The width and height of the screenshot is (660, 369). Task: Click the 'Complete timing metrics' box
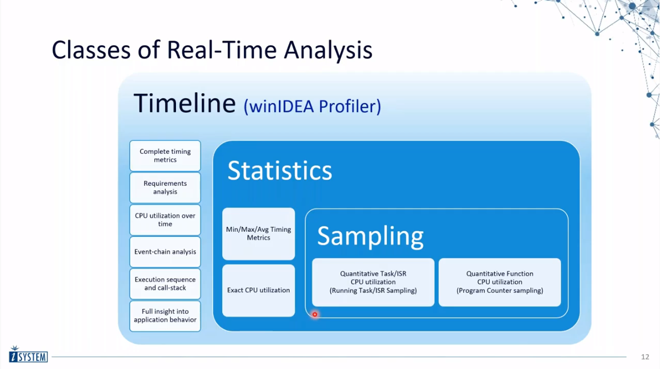(x=165, y=156)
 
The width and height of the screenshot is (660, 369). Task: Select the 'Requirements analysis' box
(x=165, y=188)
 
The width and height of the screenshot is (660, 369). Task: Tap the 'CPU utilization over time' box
(x=165, y=220)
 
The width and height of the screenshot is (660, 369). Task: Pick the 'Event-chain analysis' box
(x=165, y=252)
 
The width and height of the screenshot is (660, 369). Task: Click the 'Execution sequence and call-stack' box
(x=165, y=284)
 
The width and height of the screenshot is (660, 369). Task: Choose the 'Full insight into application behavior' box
(x=165, y=316)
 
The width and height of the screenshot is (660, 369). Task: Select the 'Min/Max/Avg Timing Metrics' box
(x=258, y=234)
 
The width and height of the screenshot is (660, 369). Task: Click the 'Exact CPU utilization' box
(x=258, y=291)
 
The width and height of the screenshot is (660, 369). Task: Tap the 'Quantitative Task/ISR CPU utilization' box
(x=373, y=282)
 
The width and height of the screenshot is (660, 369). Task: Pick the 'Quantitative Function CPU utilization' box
(x=499, y=282)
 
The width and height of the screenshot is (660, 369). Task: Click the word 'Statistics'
(x=279, y=170)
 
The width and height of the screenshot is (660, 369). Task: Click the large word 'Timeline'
(x=185, y=103)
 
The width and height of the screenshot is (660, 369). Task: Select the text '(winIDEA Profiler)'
(x=313, y=106)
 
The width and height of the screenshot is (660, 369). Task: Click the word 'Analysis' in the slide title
(x=328, y=50)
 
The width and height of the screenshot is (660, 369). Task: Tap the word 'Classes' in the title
(x=91, y=50)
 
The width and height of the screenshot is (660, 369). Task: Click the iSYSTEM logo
(x=28, y=355)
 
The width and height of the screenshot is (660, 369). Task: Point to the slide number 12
(x=645, y=357)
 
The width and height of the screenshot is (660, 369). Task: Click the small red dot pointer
(x=314, y=314)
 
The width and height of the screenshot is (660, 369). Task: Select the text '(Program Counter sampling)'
(x=499, y=291)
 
